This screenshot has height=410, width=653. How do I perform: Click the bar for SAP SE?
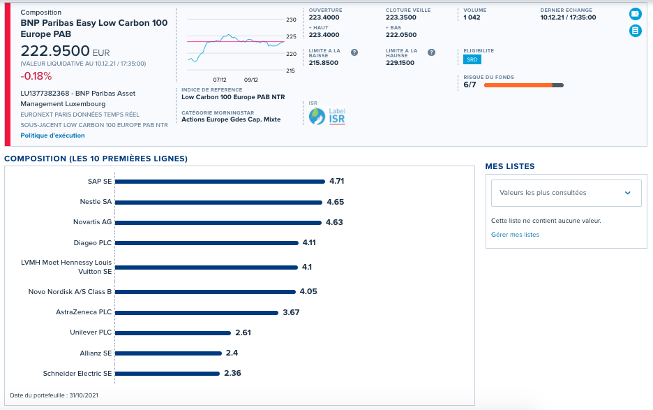click(220, 182)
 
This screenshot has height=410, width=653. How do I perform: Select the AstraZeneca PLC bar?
click(197, 312)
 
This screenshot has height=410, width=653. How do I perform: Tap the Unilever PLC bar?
click(173, 333)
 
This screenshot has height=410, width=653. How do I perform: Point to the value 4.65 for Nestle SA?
click(336, 202)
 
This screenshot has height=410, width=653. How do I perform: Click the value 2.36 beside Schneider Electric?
click(232, 373)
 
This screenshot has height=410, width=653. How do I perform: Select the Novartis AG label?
click(93, 222)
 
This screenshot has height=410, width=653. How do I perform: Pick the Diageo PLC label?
click(93, 243)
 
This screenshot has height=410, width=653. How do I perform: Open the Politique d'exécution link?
click(52, 136)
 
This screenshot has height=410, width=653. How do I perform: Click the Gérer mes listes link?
click(515, 235)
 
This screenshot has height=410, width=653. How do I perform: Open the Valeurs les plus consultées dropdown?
click(566, 193)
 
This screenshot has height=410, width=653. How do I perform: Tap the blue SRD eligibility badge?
click(472, 59)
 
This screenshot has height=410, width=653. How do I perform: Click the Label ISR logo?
click(327, 117)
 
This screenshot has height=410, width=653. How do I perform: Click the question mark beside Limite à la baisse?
click(354, 52)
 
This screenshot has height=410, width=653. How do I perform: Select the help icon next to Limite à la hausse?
click(431, 52)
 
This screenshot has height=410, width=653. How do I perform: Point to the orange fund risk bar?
click(518, 85)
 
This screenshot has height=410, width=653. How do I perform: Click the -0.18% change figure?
click(36, 76)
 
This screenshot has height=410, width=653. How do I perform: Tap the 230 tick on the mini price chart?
click(291, 20)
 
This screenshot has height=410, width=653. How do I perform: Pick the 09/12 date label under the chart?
click(251, 80)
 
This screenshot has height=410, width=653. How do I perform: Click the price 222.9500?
click(55, 51)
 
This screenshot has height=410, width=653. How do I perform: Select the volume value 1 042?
click(472, 17)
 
